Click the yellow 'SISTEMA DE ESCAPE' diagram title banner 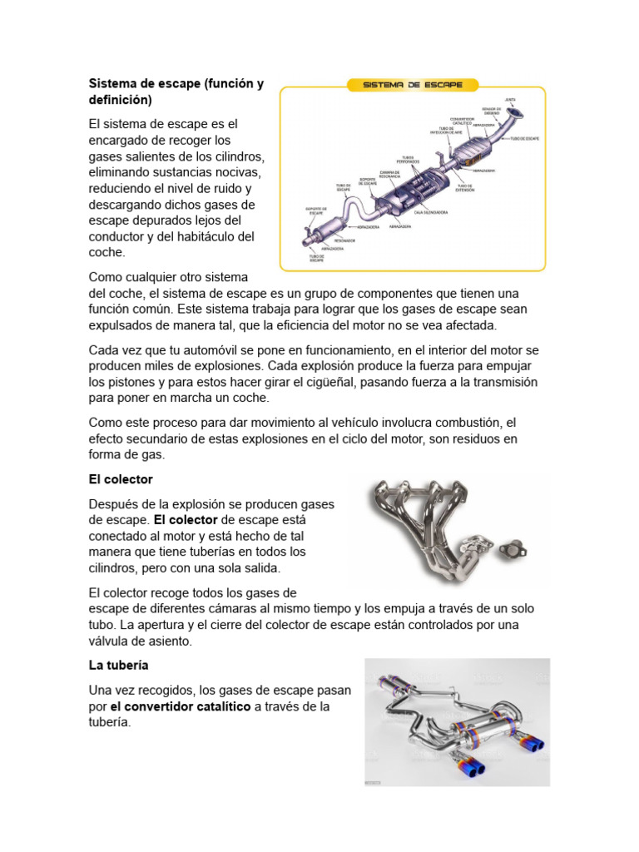[413, 85]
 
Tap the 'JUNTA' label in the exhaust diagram [510, 99]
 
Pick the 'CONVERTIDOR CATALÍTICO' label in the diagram [462, 121]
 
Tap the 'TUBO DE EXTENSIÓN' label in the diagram [465, 188]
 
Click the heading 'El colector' [121, 480]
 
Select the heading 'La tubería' [118, 666]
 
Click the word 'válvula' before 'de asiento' [111, 641]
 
